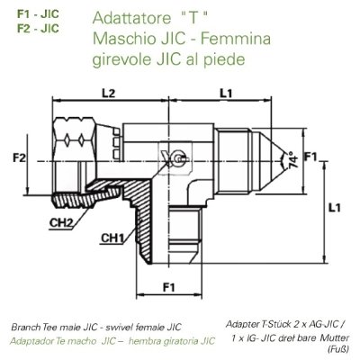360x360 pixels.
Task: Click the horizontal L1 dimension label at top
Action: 227,93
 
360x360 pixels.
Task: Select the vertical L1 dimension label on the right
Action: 334,209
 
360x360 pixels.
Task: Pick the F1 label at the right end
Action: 312,159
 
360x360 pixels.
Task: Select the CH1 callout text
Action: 112,238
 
